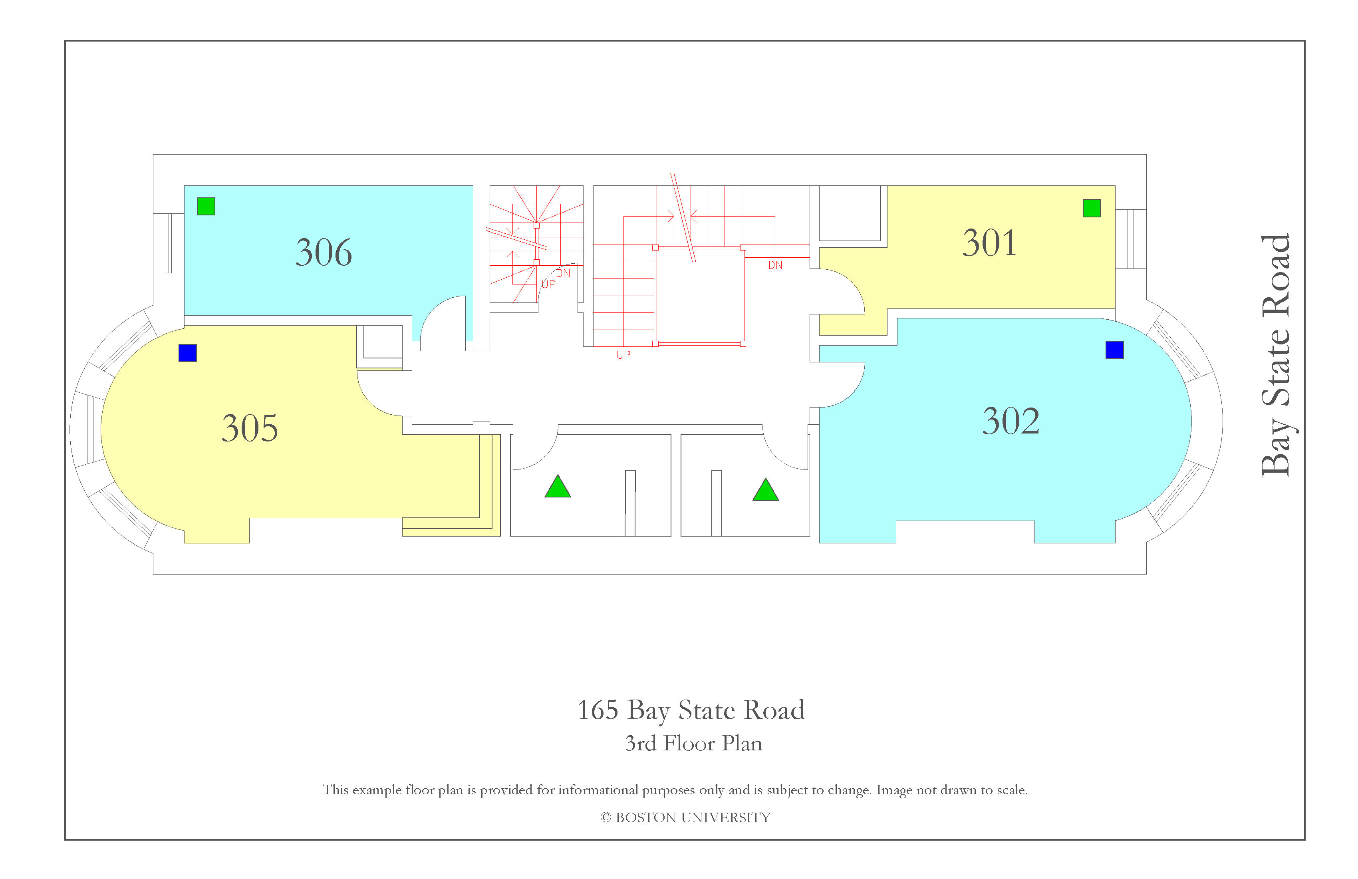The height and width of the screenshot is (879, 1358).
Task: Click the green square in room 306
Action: (x=206, y=206)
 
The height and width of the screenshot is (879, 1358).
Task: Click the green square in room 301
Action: (x=1092, y=208)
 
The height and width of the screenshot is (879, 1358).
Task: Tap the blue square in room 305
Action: (x=188, y=353)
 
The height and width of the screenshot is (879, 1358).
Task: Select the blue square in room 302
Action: (x=1114, y=349)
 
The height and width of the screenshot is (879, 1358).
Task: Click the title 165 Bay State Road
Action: (x=691, y=711)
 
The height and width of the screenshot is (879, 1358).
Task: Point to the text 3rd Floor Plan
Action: (x=693, y=744)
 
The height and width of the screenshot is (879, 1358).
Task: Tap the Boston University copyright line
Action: (x=685, y=818)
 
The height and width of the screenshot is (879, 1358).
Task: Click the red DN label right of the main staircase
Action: (x=775, y=265)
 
